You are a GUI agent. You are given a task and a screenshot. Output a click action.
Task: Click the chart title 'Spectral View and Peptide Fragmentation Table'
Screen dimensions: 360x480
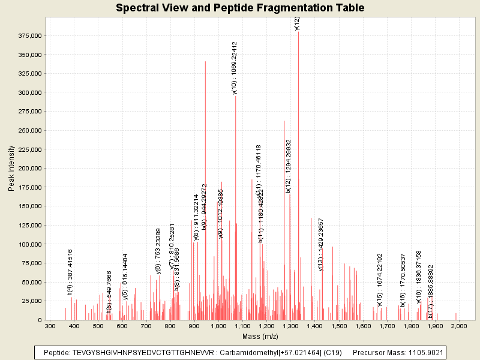coord(240,8)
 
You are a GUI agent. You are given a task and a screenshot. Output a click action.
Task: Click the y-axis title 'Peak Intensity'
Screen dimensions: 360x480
coord(11,170)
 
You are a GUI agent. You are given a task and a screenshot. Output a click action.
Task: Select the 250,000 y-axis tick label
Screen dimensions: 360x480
coord(29,130)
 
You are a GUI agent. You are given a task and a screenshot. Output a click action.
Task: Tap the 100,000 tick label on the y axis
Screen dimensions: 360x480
coord(29,244)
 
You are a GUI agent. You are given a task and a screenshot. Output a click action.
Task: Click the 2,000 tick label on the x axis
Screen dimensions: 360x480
coord(458,326)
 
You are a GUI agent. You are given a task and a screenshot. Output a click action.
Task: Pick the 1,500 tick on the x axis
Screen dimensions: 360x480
coord(338,326)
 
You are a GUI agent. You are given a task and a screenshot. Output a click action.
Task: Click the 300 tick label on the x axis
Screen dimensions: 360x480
coord(50,326)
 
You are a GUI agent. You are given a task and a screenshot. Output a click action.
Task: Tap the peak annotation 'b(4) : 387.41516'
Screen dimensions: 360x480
coord(70,272)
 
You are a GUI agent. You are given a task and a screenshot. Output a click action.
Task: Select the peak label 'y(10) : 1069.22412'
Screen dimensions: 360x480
coord(235,68)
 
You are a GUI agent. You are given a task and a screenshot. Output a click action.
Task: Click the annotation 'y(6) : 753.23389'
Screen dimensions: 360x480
coord(158,251)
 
